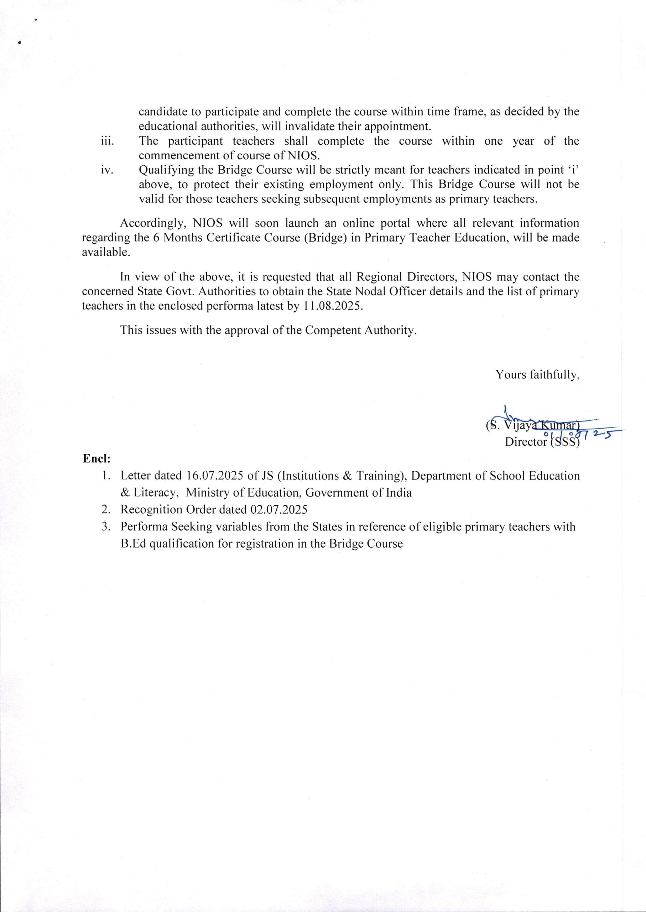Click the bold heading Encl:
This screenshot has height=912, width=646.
tap(96, 459)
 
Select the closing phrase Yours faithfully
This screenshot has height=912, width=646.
tap(537, 375)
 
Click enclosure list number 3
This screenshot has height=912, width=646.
tap(105, 527)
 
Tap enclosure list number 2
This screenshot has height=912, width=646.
tap(105, 510)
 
